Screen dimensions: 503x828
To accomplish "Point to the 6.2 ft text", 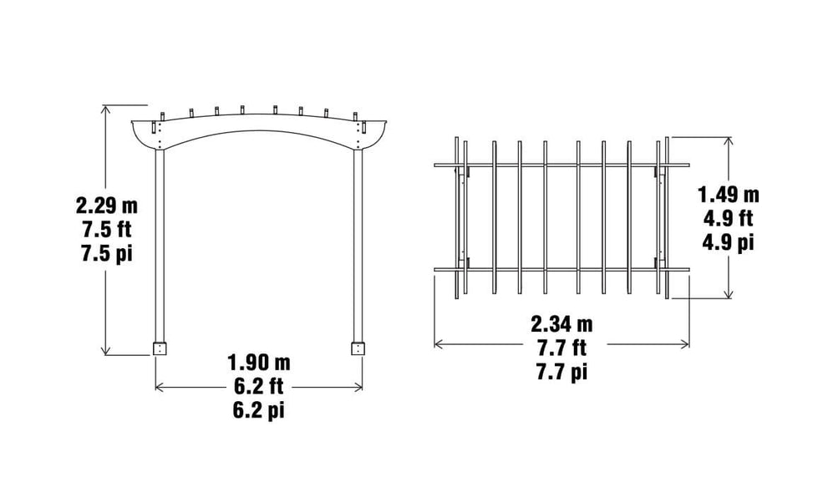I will point(258,387).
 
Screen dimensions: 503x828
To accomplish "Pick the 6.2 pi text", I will point(258,411).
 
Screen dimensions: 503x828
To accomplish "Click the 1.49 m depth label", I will point(729,195).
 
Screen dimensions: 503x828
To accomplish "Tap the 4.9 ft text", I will point(729,219).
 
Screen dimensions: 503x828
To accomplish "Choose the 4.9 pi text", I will point(729,243).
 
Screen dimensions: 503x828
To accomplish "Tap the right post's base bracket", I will point(358,348).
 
